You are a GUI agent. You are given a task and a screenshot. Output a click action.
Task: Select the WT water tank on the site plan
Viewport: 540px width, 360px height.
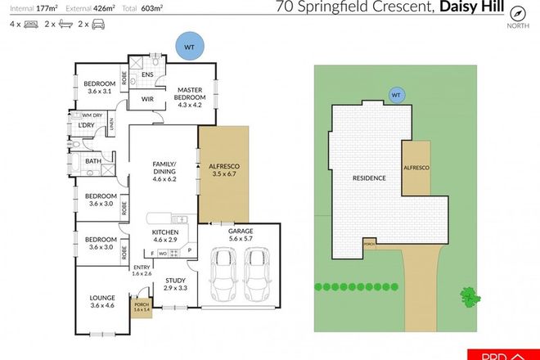pyautogui.click(x=397, y=94)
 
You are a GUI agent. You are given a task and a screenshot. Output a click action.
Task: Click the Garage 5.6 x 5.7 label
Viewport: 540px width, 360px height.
pyautogui.click(x=240, y=236)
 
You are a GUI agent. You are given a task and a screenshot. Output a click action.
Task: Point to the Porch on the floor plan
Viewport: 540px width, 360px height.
pyautogui.click(x=142, y=308)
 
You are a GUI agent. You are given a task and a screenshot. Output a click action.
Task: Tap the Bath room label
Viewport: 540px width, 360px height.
pyautogui.click(x=93, y=161)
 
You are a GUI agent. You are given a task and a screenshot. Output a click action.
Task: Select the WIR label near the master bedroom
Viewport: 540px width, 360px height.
pyautogui.click(x=148, y=99)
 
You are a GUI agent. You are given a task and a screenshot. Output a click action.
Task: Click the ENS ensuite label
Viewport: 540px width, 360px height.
pyautogui.click(x=148, y=74)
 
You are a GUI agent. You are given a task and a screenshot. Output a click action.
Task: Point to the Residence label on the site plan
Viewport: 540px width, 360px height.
pyautogui.click(x=368, y=178)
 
